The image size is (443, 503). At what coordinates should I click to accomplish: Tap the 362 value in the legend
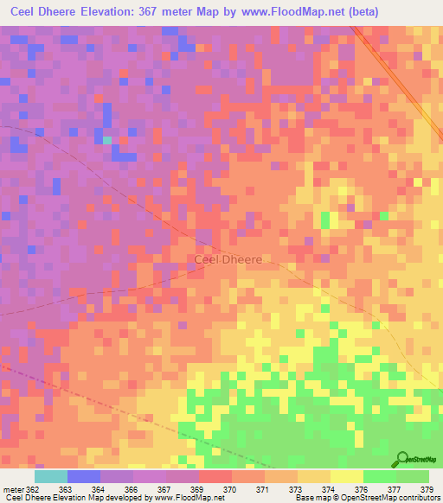33,489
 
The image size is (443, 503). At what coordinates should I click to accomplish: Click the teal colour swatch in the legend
51,476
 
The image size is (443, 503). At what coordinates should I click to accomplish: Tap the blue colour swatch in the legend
84,476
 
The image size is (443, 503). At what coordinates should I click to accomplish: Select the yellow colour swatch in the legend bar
347,476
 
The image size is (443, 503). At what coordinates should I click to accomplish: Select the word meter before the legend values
13,489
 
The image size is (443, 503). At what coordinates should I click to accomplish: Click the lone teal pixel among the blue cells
107,139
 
